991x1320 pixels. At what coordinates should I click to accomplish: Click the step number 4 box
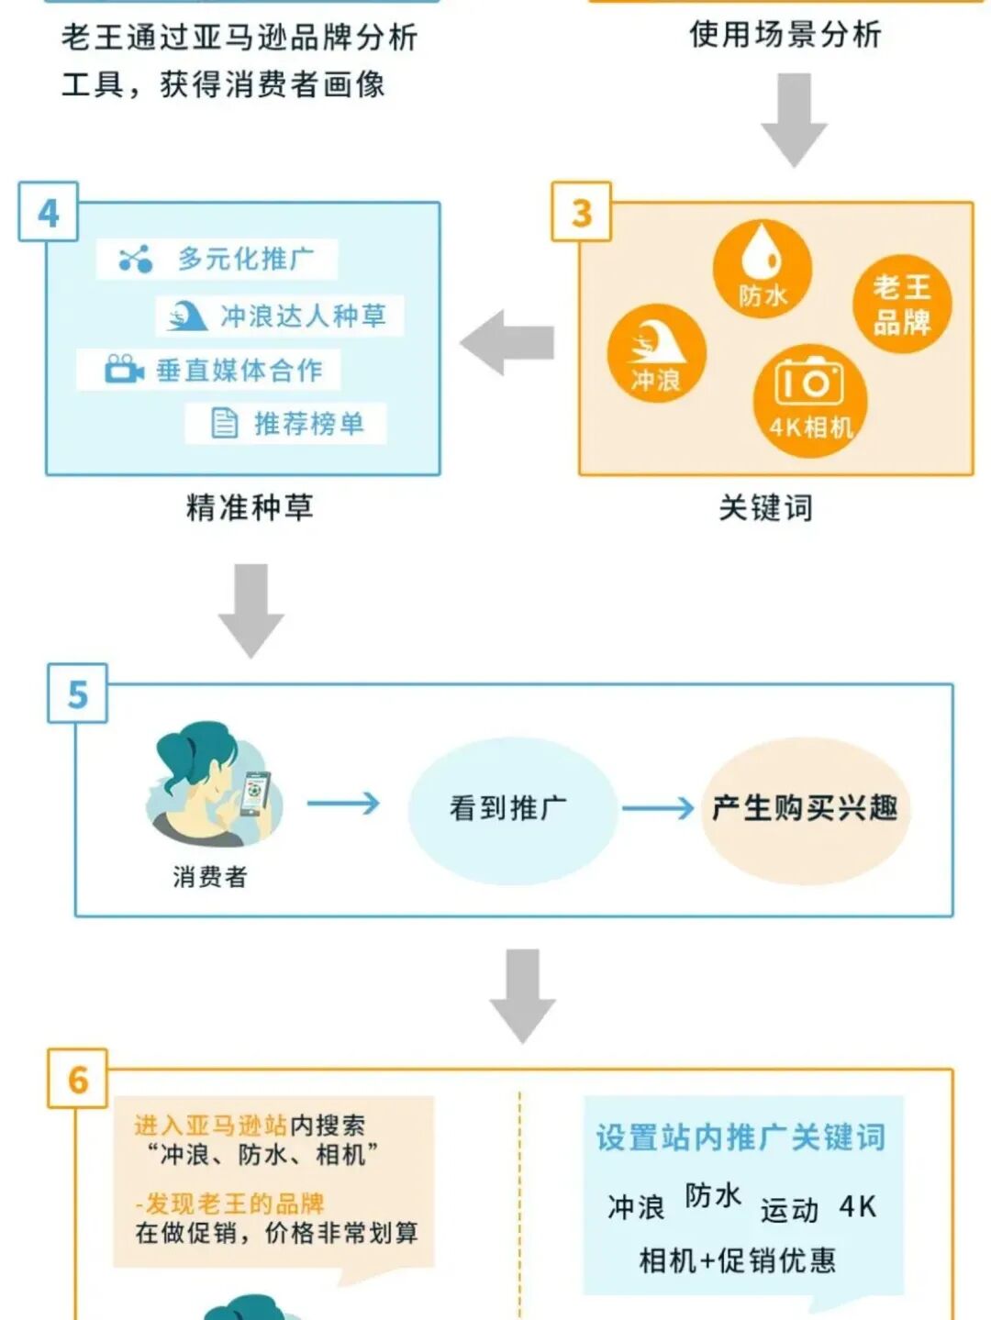click(49, 213)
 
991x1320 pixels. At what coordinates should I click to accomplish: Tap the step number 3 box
click(582, 213)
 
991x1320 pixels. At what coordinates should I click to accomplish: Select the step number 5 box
click(78, 694)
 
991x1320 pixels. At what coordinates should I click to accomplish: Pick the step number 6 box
click(78, 1080)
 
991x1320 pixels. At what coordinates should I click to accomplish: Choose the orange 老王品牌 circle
click(901, 305)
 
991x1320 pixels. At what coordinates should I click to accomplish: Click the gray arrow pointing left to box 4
click(507, 343)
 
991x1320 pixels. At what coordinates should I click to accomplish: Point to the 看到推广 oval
click(507, 809)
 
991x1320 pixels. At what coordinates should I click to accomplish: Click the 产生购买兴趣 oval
click(805, 809)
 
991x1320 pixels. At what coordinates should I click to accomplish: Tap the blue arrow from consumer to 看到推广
click(343, 804)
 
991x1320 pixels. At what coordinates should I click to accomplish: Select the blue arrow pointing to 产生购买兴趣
click(658, 808)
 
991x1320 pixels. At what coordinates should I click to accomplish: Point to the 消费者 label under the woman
click(210, 877)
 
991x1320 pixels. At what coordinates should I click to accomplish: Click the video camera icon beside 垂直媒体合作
click(124, 370)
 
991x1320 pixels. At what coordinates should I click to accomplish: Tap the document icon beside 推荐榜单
click(224, 423)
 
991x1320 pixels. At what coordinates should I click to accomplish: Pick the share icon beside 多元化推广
click(136, 260)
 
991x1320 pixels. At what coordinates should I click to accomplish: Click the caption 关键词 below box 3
click(765, 507)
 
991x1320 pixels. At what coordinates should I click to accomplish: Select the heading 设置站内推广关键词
click(740, 1137)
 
